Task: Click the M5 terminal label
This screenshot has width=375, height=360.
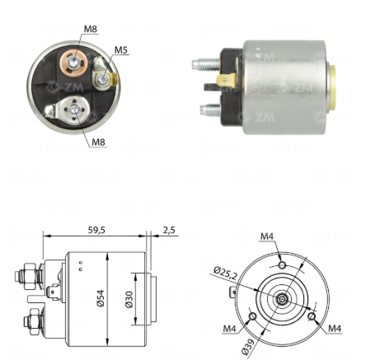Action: (121, 50)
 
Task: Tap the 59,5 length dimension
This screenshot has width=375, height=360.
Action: (96, 230)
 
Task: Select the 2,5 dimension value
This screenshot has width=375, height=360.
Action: (169, 230)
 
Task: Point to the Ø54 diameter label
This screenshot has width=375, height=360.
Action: (101, 298)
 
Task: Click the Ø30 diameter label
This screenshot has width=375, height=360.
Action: (129, 299)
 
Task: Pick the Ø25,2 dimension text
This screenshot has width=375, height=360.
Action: (225, 273)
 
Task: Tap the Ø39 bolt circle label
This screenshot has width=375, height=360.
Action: (248, 347)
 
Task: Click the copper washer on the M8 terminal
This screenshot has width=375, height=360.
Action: (73, 63)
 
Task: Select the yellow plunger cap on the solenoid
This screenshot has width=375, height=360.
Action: (332, 87)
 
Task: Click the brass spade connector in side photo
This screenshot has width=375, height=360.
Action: (226, 81)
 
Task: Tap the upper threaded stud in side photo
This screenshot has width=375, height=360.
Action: (206, 64)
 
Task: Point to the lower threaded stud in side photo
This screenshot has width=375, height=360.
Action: (211, 110)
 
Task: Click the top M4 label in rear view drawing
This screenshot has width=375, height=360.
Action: (267, 236)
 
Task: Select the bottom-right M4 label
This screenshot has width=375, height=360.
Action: (335, 328)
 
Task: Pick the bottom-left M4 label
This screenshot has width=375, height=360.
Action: (229, 329)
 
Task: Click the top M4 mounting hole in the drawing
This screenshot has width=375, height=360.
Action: (282, 265)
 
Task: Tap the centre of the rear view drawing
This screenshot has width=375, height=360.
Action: (281, 299)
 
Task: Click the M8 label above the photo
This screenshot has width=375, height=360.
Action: (91, 29)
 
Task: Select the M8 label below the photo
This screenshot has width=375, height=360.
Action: (98, 142)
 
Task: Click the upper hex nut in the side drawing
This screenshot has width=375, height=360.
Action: (30, 276)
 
